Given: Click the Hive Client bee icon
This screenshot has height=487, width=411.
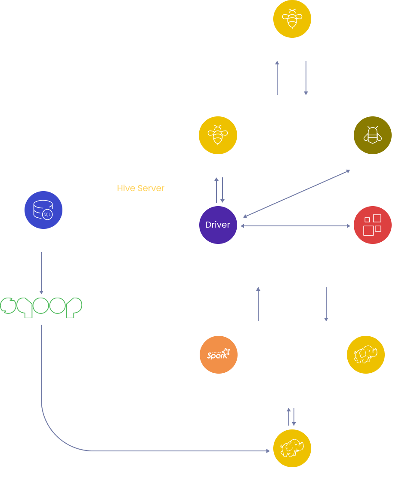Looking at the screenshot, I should tap(292, 18).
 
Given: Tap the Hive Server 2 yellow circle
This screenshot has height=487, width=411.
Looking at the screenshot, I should tap(218, 135).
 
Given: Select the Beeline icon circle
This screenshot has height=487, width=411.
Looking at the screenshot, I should tap(372, 135).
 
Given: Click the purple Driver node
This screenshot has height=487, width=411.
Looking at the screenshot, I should tap(218, 225).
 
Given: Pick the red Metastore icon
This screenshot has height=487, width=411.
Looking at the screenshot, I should tap(372, 225).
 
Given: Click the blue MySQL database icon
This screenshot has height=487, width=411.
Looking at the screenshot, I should tap(43, 210).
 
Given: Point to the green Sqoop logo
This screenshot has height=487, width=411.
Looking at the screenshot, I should tap(41, 307).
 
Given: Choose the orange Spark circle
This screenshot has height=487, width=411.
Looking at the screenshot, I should tap(219, 355).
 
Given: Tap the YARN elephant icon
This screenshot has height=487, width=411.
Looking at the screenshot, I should tap(365, 355).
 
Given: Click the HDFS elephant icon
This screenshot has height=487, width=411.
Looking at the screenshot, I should tap(292, 449).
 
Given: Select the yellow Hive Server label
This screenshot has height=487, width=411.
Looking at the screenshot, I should tap(141, 188).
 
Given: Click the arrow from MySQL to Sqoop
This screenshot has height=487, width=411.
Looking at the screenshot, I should tap(41, 273).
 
